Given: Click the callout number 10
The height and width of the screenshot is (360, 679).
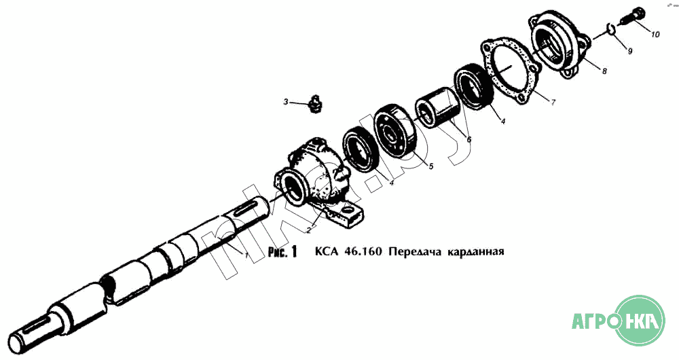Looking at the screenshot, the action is (655, 34).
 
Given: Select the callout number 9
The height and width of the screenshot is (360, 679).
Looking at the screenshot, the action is (629, 51).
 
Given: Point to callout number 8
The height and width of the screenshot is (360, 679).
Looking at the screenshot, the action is (604, 71).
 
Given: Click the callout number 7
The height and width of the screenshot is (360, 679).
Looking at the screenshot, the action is (553, 103).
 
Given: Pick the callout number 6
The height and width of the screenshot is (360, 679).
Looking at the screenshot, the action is (469, 139).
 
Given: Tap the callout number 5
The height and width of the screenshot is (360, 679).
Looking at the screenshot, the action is (431, 166).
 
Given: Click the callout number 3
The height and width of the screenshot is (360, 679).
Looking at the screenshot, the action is (286, 103).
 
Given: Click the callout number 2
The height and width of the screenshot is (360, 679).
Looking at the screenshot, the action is (309, 230).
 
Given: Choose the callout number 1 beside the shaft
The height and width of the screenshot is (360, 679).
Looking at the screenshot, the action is (246, 255).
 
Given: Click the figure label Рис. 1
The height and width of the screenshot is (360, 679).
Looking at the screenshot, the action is (282, 252).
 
